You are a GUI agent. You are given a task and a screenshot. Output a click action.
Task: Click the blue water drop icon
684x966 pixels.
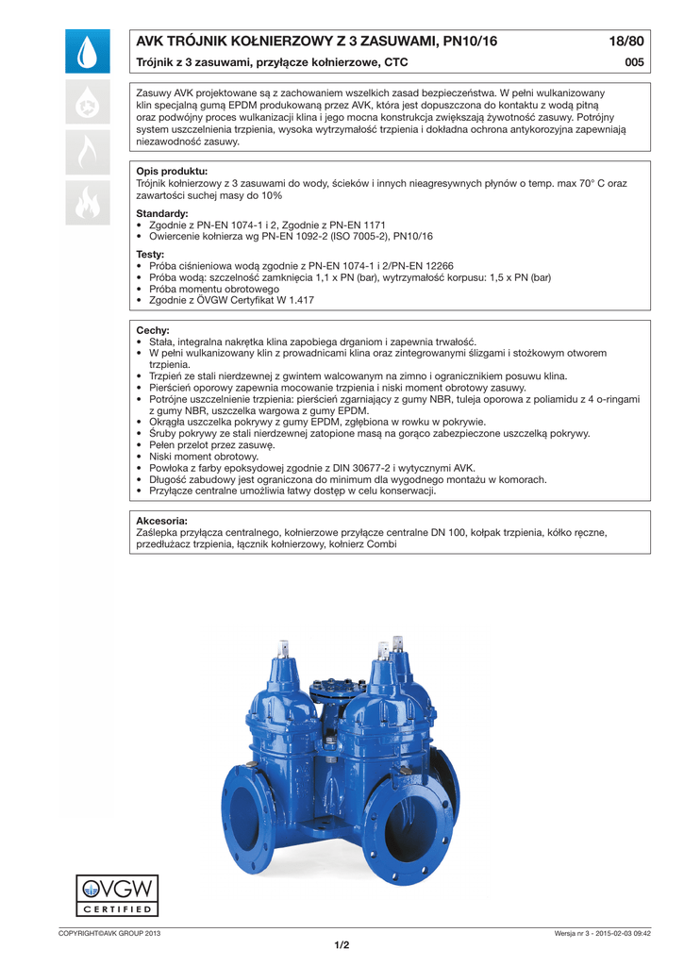(88, 52)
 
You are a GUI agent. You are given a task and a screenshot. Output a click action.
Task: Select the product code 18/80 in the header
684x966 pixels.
(626, 42)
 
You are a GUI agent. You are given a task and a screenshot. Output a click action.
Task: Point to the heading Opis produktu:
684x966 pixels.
(172, 171)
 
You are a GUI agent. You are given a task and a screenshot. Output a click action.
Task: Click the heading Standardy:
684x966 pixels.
(162, 214)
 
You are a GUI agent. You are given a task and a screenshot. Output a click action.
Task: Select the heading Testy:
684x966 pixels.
(150, 255)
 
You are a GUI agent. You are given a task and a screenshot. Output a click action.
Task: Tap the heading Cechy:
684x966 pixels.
(153, 330)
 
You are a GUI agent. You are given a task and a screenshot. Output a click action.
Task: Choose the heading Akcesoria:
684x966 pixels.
(162, 521)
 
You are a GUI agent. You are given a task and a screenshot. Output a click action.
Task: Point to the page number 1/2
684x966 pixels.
(342, 945)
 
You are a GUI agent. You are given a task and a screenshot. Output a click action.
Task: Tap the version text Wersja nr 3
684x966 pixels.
(578, 933)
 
